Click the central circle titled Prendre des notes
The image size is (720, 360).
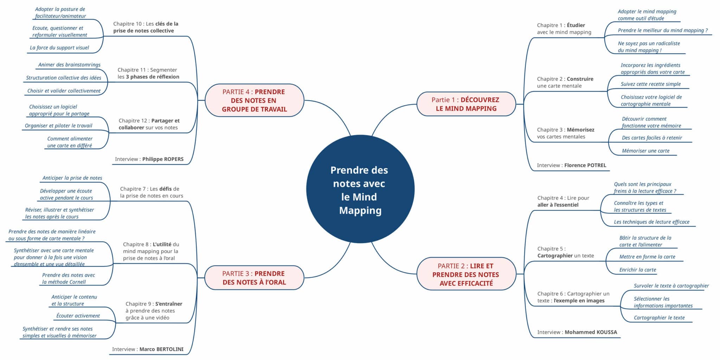(x=360, y=189)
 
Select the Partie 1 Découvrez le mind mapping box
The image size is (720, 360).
(x=466, y=104)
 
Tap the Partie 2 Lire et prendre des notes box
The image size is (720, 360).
(x=466, y=274)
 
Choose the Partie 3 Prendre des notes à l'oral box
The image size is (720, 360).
(x=254, y=278)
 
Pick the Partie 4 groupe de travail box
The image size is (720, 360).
(x=254, y=100)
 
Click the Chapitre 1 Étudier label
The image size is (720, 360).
(x=564, y=28)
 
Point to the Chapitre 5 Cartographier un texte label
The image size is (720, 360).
(x=565, y=252)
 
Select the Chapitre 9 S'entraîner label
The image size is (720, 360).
(x=154, y=310)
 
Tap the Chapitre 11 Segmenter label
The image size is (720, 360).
(x=148, y=73)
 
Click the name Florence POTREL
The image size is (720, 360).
(x=585, y=165)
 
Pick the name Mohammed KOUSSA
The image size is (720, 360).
(x=591, y=332)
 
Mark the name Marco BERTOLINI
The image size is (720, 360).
(x=161, y=349)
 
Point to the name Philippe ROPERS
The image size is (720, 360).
(x=163, y=159)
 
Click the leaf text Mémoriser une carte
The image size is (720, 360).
(x=645, y=151)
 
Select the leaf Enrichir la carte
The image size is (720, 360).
(x=638, y=270)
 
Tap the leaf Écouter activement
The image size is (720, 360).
(x=78, y=316)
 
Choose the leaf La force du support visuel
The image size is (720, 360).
(x=59, y=47)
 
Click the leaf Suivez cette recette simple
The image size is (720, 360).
(x=650, y=84)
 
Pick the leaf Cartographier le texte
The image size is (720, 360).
(x=659, y=317)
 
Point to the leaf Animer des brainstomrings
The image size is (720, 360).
(x=69, y=65)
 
